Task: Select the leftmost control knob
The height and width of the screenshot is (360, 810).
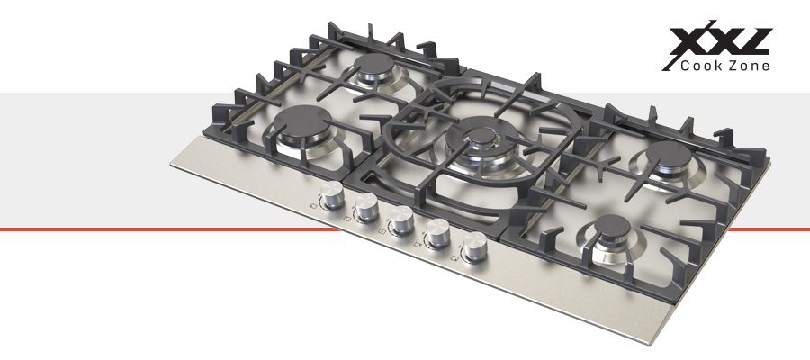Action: [x=331, y=194]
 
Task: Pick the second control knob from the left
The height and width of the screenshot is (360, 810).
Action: [x=367, y=207]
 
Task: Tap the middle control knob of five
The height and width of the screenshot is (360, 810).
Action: [x=402, y=219]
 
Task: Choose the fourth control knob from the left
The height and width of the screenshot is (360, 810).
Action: [x=438, y=232]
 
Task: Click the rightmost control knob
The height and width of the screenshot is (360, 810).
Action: [x=474, y=246]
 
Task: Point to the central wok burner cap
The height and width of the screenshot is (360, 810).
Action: [x=481, y=135]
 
